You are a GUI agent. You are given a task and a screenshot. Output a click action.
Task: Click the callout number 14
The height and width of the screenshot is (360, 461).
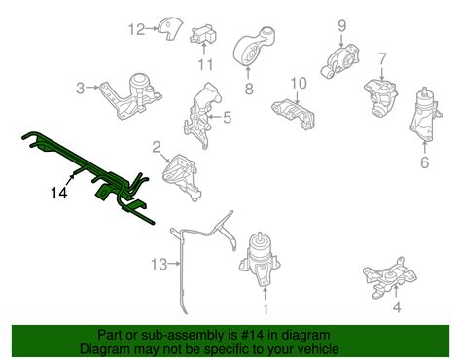pyautogui.click(x=59, y=193)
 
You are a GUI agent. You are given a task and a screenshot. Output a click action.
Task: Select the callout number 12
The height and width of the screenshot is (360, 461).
pyautogui.click(x=137, y=29)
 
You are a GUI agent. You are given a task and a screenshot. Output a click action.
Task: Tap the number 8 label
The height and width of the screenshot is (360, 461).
pyautogui.click(x=249, y=89)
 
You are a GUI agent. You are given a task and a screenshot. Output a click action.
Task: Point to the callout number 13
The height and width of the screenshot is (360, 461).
pyautogui.click(x=160, y=264)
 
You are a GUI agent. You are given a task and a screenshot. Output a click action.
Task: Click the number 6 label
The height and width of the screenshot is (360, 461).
pyautogui.click(x=425, y=162)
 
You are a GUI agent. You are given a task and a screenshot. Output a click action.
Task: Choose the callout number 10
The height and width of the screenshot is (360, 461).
pyautogui.click(x=299, y=84)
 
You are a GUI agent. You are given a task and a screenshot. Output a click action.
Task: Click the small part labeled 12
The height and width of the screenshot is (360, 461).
pyautogui.click(x=170, y=29)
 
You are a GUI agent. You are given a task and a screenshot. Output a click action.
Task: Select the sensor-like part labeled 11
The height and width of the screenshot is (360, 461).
pyautogui.click(x=202, y=35)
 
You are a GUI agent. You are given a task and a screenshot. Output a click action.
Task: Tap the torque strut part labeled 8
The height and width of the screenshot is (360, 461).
pyautogui.click(x=254, y=47)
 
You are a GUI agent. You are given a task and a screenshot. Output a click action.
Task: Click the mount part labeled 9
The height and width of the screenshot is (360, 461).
pyautogui.click(x=340, y=61)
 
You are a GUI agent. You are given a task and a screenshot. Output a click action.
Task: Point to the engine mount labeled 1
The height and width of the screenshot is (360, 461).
pyautogui.click(x=260, y=260)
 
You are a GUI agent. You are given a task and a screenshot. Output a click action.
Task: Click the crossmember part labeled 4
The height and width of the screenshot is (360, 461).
pyautogui.click(x=390, y=277)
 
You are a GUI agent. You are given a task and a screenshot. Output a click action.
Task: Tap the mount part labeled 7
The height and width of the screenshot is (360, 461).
pyautogui.click(x=381, y=97)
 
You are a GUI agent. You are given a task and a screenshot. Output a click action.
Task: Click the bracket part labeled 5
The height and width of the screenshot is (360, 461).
pyautogui.click(x=202, y=115)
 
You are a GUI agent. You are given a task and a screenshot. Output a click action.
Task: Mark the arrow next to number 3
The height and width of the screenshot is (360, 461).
pyautogui.click(x=92, y=87)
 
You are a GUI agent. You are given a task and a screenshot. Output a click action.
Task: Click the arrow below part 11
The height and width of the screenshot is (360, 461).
pyautogui.click(x=204, y=49)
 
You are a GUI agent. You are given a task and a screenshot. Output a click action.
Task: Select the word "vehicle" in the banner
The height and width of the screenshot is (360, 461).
pyautogui.click(x=318, y=349)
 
